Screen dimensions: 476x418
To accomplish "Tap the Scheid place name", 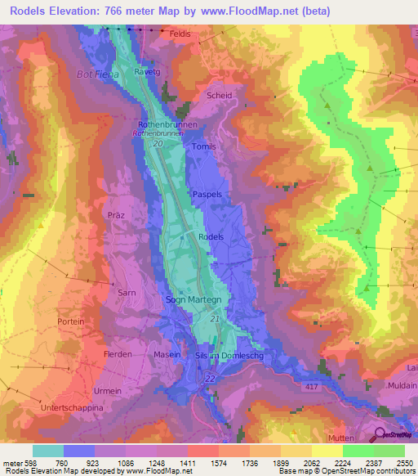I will point(220,96).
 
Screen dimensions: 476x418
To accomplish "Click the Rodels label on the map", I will point(211,236).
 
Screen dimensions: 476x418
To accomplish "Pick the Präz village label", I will point(115,214).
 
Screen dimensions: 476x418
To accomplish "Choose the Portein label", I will point(72,322).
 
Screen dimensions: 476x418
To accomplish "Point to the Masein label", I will point(167,354).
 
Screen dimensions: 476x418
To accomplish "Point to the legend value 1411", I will point(187,462).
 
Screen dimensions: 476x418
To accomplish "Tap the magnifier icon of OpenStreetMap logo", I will point(380,434).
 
